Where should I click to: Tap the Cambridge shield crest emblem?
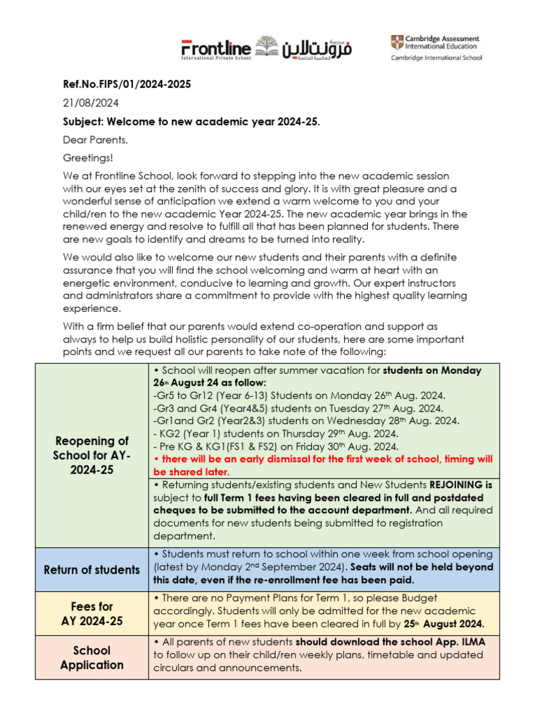pos(396,42)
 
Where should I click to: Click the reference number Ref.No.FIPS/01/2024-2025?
pos(127,84)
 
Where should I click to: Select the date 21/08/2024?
pos(91,103)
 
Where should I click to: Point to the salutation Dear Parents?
pos(96,140)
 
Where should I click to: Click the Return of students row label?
pos(91,570)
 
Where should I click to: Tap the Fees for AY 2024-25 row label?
pos(91,613)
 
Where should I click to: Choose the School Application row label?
pos(91,657)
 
